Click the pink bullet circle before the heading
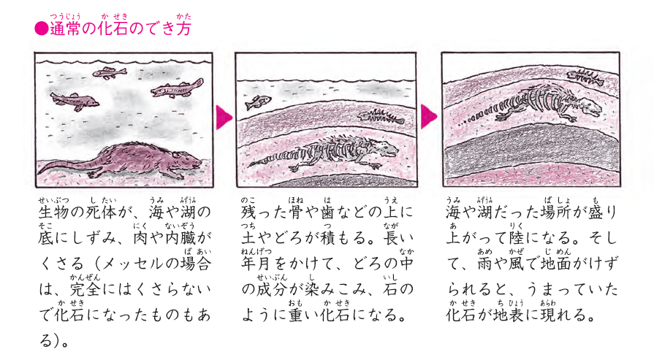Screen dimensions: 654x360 (x=42, y=28)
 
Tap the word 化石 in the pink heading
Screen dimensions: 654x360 (x=113, y=28)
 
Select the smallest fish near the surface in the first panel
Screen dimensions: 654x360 (x=110, y=73)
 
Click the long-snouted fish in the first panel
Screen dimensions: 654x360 (x=177, y=89)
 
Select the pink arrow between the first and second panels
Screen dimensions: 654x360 (x=224, y=118)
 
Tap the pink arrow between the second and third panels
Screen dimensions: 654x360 (x=429, y=116)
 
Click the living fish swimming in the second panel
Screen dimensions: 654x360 (x=258, y=102)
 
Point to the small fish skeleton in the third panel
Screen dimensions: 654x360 (x=585, y=77)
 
